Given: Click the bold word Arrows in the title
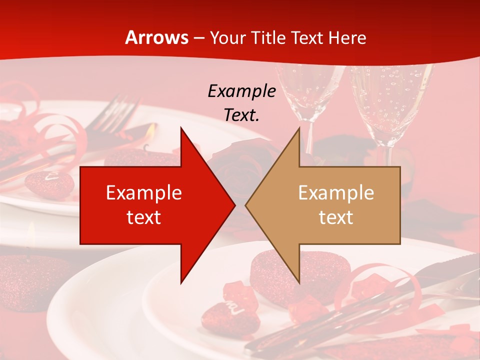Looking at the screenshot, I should (157, 37).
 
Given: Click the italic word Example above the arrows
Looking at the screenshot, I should (241, 91).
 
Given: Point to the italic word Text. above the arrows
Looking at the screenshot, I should (241, 115).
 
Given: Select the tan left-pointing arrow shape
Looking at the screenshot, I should (340, 205).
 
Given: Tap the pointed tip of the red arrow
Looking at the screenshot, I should (234, 205).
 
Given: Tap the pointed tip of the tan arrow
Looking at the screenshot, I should (246, 205).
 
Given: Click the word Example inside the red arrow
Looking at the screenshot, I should (144, 193).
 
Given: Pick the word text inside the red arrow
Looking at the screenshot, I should (144, 217).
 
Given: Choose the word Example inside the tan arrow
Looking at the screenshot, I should (336, 193).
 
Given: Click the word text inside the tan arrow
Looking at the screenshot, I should (336, 217).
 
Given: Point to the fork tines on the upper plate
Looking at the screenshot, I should (120, 107).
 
